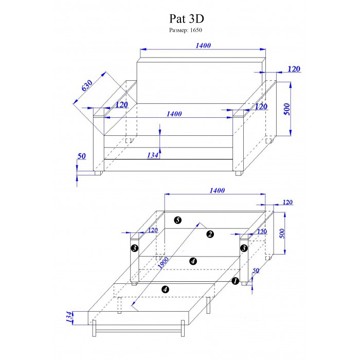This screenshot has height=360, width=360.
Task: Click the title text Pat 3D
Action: (x=186, y=19)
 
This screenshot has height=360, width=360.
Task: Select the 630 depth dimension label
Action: (x=87, y=85)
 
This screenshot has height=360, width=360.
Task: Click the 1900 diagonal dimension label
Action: (x=164, y=263)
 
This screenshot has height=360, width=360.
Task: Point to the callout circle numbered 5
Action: (x=178, y=220)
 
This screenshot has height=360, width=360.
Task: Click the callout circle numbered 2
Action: (x=210, y=234)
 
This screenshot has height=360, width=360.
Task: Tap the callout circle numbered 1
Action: (x=236, y=281)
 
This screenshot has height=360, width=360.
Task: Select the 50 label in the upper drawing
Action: (x=81, y=156)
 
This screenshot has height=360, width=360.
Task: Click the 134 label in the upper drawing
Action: (x=153, y=155)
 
